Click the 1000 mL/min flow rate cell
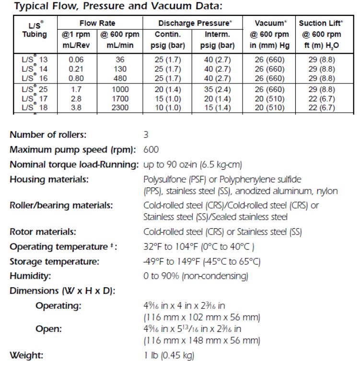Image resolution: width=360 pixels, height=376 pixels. [118, 90]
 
